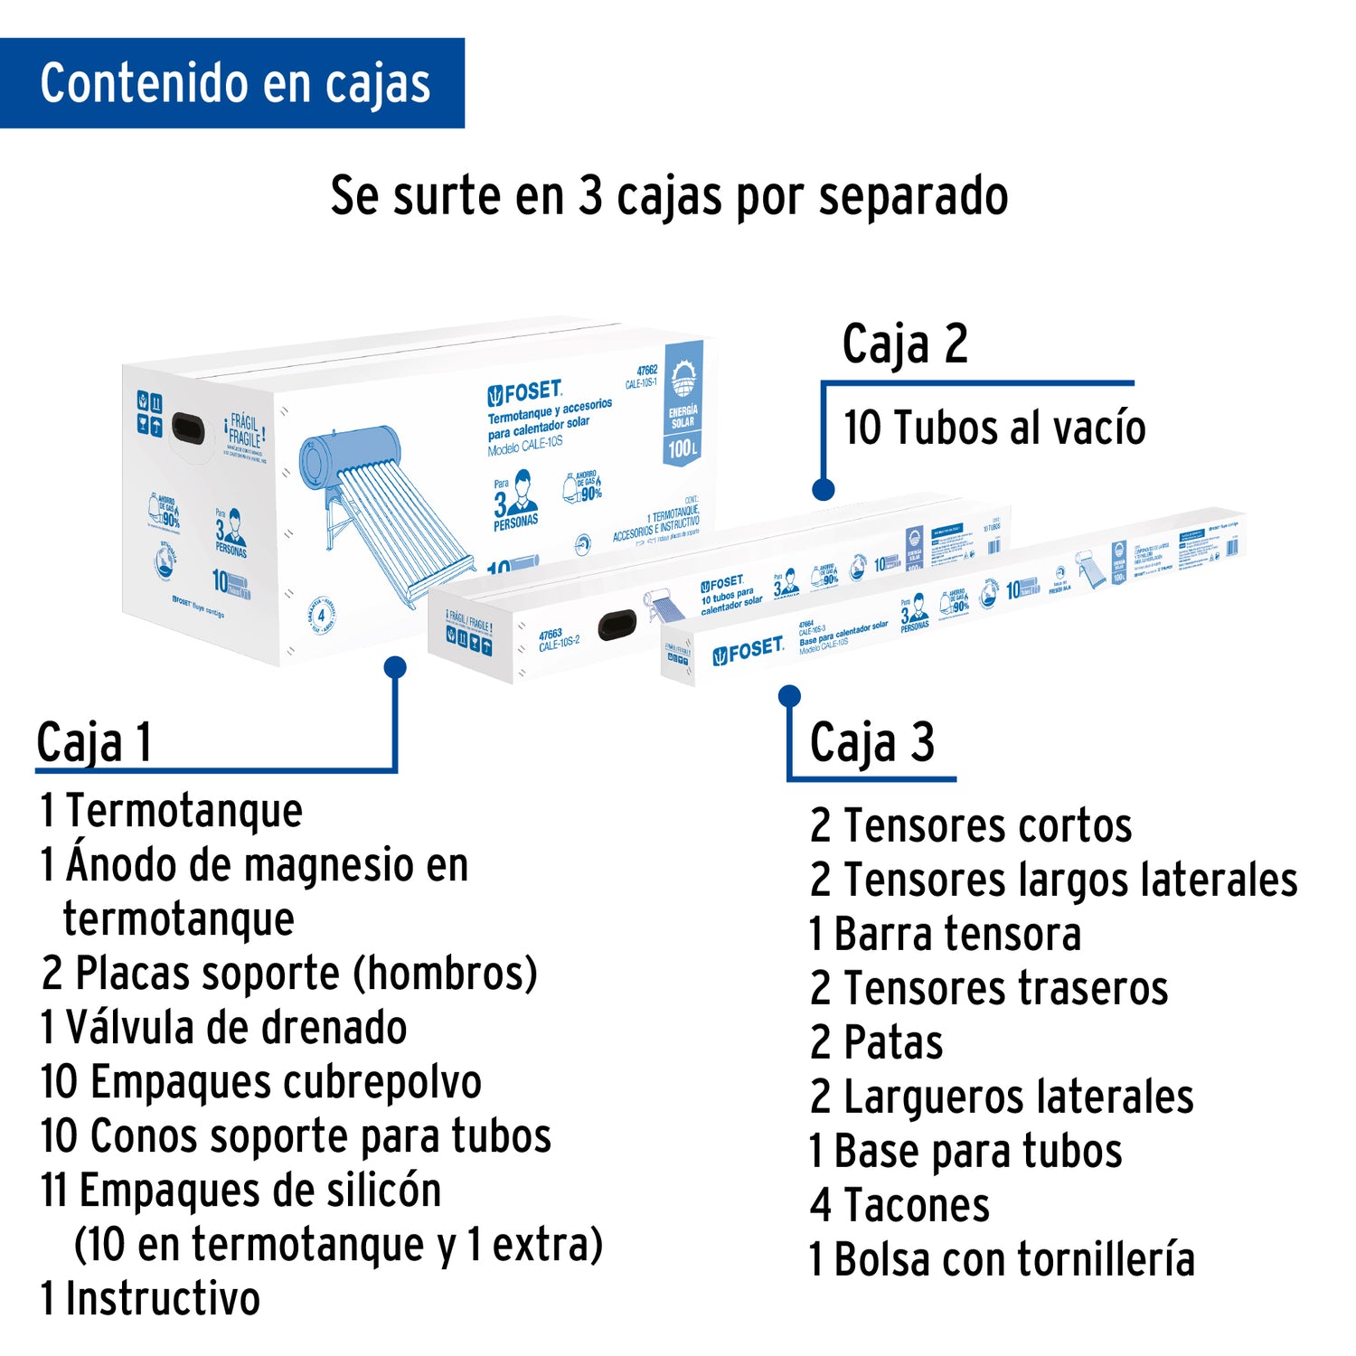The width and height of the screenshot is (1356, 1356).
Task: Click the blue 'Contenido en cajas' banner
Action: [x=232, y=83]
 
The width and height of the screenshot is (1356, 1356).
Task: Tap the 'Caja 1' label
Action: [x=94, y=743]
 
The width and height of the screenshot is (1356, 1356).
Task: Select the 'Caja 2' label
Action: [x=905, y=345]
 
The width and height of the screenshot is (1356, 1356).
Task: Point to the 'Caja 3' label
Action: [x=871, y=743]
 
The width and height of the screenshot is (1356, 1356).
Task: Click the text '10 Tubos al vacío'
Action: [x=994, y=428]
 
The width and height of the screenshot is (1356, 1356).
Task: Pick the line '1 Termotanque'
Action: [x=172, y=810]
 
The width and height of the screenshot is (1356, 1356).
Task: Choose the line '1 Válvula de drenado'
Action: [x=224, y=1028]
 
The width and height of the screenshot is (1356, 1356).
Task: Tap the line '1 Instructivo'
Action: [x=151, y=1299]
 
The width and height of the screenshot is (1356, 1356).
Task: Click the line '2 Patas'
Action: [x=877, y=1042]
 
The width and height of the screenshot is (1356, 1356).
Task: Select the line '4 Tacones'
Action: [x=899, y=1205]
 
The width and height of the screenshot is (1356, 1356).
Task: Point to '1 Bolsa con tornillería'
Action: [x=1002, y=1259]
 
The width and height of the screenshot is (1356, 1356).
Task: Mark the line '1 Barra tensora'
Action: [x=945, y=934]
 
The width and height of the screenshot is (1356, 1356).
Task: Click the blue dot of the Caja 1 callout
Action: [x=395, y=667]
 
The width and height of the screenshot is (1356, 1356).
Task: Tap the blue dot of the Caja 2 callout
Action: [x=823, y=489]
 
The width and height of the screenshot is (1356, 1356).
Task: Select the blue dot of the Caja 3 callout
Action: [x=789, y=695]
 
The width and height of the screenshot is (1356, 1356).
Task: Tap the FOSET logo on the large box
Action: [x=525, y=392]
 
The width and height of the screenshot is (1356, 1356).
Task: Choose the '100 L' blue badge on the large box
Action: [x=683, y=447]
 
